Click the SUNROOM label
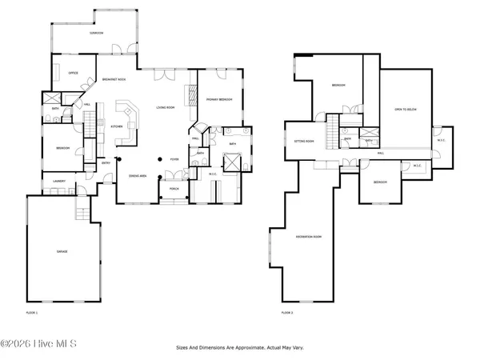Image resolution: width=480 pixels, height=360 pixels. coord(96,34)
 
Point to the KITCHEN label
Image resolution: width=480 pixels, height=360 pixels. coord(116,126)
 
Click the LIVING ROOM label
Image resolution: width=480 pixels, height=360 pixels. coord(166,106)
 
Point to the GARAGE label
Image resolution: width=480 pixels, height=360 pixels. coord(62,251)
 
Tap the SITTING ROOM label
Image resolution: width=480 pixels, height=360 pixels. coord(304,142)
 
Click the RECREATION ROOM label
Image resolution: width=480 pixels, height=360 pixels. coord(308,237)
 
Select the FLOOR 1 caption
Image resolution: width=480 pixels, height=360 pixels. coord(32,312)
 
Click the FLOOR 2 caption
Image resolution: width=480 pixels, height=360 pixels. coord(288,312)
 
